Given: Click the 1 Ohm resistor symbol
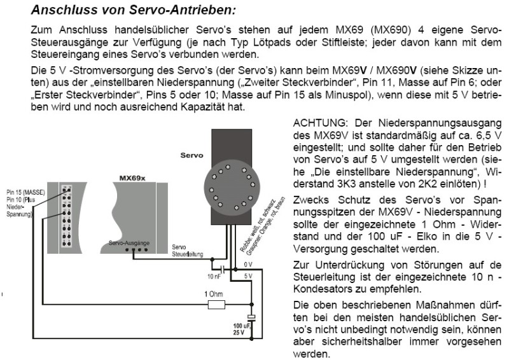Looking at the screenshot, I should click(216, 305).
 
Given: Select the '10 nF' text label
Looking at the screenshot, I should click(214, 277).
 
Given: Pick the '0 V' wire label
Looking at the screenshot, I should click(249, 263).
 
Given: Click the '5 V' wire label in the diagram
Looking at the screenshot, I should click(249, 275).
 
